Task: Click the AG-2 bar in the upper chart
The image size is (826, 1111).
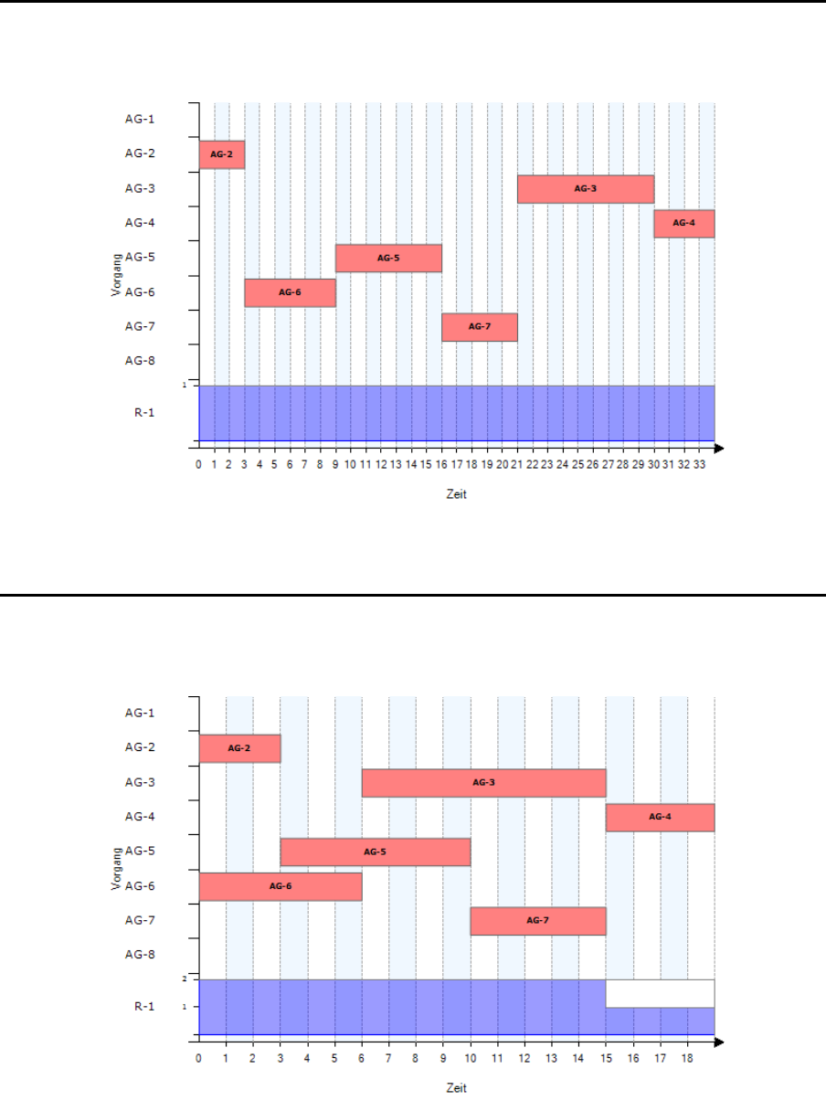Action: click(222, 155)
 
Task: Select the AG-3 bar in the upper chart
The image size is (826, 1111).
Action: click(586, 189)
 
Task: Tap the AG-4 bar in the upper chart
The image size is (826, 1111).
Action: click(683, 224)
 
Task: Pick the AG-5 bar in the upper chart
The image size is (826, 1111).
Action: click(388, 259)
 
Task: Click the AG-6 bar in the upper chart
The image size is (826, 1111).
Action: click(290, 292)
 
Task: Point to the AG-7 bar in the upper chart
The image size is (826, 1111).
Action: click(480, 327)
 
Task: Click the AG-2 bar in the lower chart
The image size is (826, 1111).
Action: click(239, 748)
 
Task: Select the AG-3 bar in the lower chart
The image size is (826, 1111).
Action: click(484, 783)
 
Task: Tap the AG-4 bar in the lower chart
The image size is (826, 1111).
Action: click(660, 818)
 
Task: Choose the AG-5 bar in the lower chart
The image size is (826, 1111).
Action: click(376, 852)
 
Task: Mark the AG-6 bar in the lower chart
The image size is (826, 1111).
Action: click(281, 886)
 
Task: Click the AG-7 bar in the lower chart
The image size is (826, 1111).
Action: click(538, 921)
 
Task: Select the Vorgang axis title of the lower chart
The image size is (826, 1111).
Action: click(115, 869)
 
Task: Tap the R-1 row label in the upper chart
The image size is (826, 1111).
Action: click(144, 412)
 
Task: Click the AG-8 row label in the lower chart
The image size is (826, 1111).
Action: click(140, 955)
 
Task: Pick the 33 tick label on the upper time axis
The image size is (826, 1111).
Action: click(699, 464)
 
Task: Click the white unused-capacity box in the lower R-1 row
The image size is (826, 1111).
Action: click(660, 993)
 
